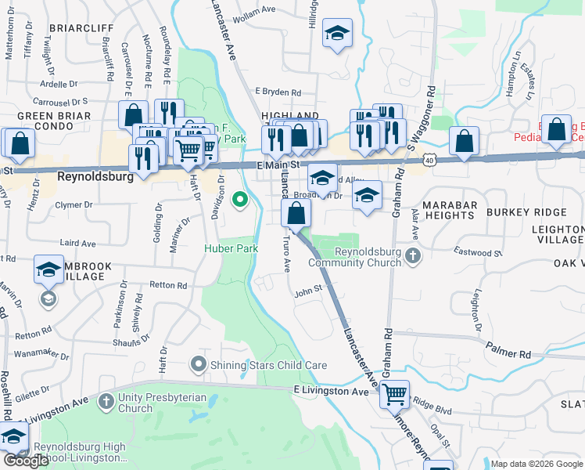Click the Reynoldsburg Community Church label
(x=368, y=257)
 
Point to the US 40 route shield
(x=430, y=160)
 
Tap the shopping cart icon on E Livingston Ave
(x=395, y=394)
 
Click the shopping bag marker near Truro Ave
(x=296, y=212)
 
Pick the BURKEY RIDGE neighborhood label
(x=526, y=212)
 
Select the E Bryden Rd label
(x=277, y=92)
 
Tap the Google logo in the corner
(x=26, y=461)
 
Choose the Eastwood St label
(x=478, y=253)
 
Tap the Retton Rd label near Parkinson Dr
(x=169, y=286)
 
